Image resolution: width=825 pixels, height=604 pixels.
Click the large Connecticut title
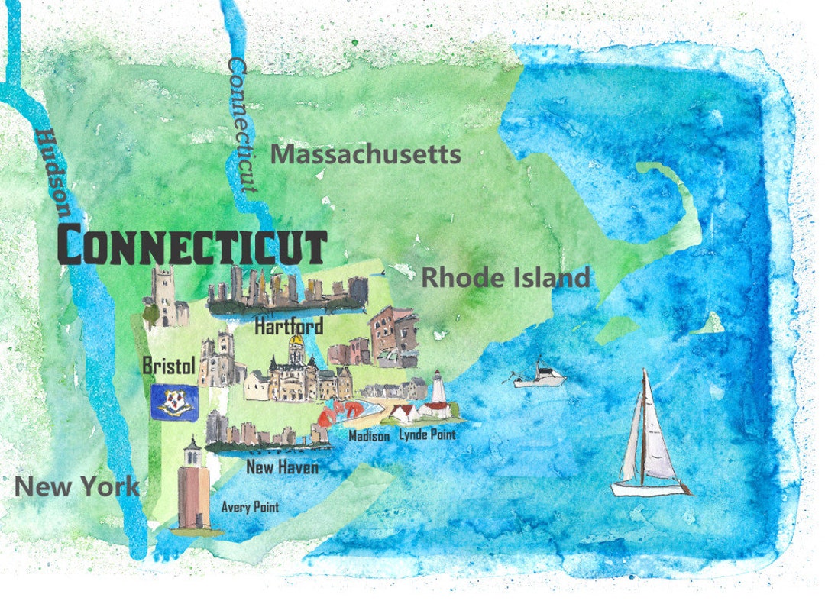192,245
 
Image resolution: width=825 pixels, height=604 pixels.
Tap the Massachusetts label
365,154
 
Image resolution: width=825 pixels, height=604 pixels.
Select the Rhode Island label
506,277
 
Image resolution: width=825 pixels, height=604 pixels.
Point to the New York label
77,486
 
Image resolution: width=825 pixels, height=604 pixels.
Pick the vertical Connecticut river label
241,124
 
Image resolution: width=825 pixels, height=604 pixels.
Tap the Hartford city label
289,326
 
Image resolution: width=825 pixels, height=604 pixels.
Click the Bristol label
170,366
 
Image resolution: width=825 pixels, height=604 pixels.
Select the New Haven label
282,467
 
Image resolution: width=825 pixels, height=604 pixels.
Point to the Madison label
369,436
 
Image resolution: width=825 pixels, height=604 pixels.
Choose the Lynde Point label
427,434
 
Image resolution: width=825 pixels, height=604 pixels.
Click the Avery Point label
250,506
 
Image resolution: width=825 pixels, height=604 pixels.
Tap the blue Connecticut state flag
175,400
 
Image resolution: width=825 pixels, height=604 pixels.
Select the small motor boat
541,376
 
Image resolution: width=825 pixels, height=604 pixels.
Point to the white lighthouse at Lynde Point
438,388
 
